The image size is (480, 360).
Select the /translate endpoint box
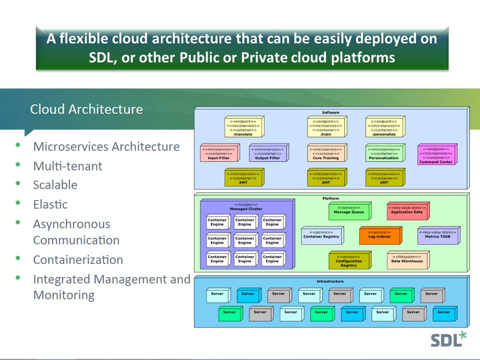point(243,127)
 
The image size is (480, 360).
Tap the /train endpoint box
point(326,127)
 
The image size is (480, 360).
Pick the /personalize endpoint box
point(384,127)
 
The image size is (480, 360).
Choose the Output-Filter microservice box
point(267,153)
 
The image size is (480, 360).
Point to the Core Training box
point(326,153)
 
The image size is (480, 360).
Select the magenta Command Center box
point(435,155)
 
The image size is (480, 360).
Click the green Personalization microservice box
point(384,153)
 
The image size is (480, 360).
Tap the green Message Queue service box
point(349,210)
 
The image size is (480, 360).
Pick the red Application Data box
point(407,210)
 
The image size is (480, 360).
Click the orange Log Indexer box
point(379,235)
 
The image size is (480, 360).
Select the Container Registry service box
point(321,235)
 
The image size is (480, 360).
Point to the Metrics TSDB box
point(437,235)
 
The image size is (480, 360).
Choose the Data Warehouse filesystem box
point(407,260)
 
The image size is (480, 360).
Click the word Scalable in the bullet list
point(55,185)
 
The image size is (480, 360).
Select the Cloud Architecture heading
point(86,109)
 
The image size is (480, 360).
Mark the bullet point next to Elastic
point(18,203)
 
